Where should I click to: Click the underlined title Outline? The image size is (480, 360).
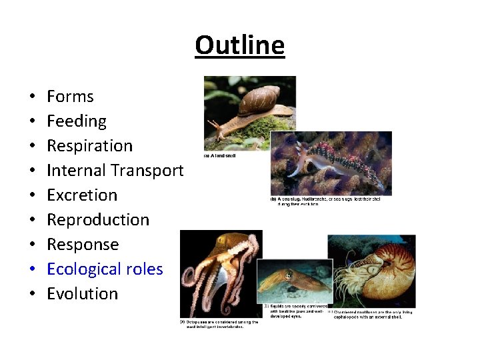pos(240,45)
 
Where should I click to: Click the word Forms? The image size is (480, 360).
pos(70,97)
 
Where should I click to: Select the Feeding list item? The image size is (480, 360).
pos(77,121)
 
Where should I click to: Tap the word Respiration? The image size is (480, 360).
pos(89,146)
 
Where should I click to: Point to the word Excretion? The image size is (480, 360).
pos(82,195)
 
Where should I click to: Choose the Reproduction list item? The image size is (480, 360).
pos(98,220)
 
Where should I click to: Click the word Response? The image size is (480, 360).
pos(83,245)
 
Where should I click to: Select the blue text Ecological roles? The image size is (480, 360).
pos(105,269)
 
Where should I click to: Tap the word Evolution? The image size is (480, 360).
pos(82,294)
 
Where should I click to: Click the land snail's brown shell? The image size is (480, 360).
pos(259,100)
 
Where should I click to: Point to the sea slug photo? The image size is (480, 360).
pos(331,163)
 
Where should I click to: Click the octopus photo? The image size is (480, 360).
pos(221,270)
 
